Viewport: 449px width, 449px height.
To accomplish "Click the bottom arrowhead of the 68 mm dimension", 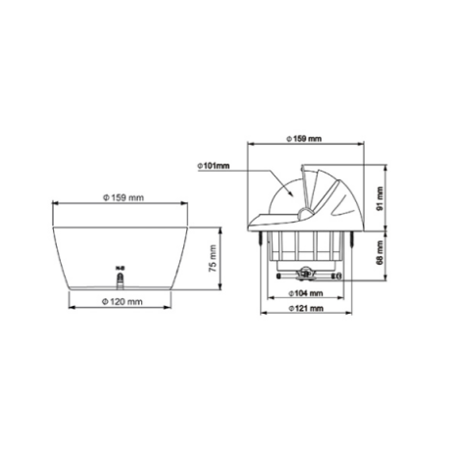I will tap(375, 281).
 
